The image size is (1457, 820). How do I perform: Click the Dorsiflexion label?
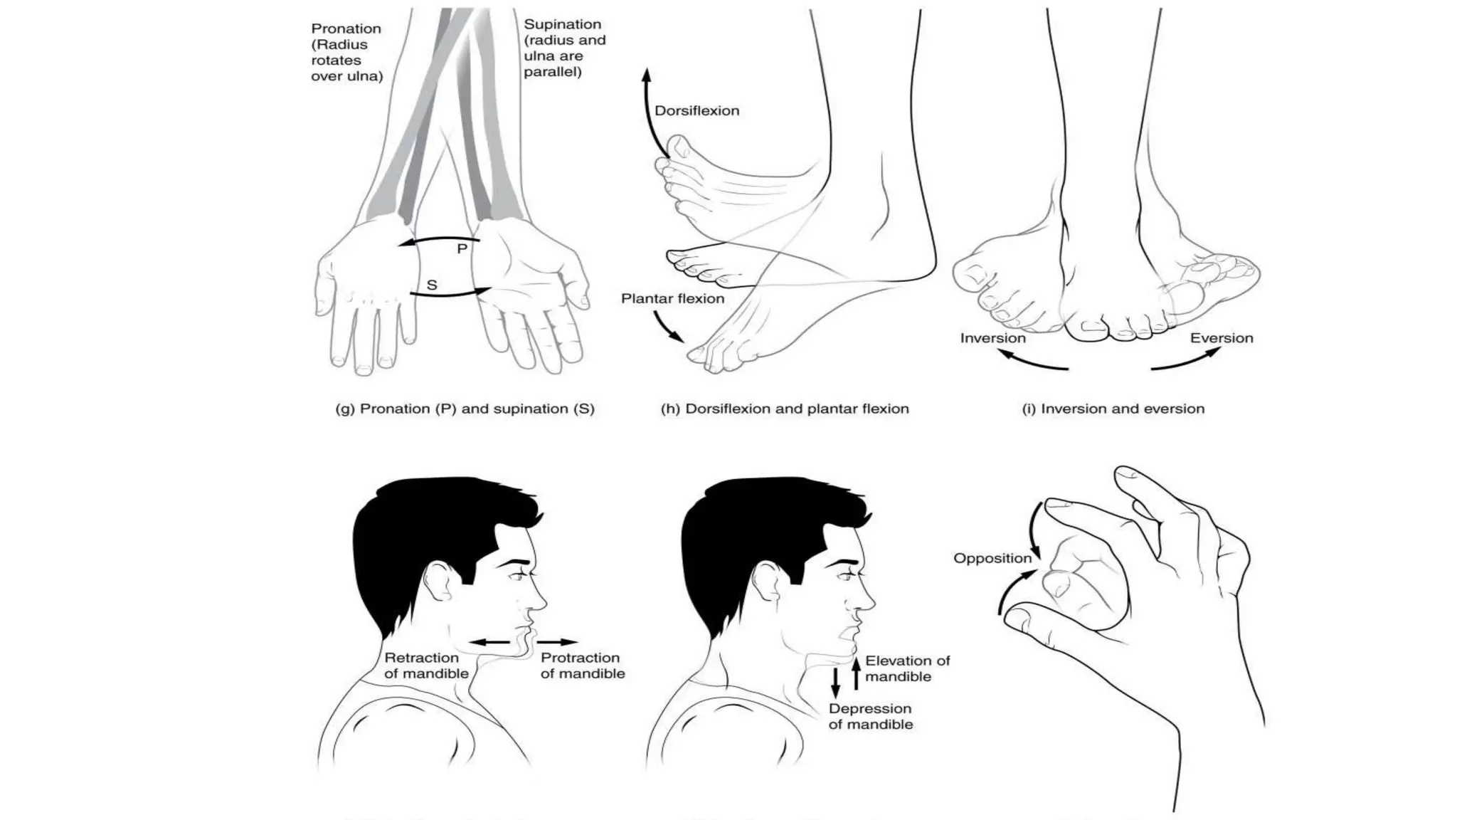(696, 111)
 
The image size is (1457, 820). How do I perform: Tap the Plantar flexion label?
(672, 299)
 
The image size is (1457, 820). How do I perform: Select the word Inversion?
(992, 338)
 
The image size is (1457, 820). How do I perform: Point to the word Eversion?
(1221, 338)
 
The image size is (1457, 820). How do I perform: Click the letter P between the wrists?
(462, 249)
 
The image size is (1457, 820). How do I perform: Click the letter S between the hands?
(432, 285)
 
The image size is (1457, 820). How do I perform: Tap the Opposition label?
(992, 559)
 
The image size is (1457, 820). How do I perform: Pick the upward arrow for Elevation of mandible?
(857, 673)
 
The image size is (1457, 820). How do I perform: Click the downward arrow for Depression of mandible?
(836, 681)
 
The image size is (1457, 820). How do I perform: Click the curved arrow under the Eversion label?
(1185, 361)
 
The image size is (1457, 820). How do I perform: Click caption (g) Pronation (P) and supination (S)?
(465, 409)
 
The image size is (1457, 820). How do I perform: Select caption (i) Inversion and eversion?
(1113, 409)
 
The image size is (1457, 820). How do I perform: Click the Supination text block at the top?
(564, 48)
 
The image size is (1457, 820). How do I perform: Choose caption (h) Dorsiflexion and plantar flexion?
(785, 409)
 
